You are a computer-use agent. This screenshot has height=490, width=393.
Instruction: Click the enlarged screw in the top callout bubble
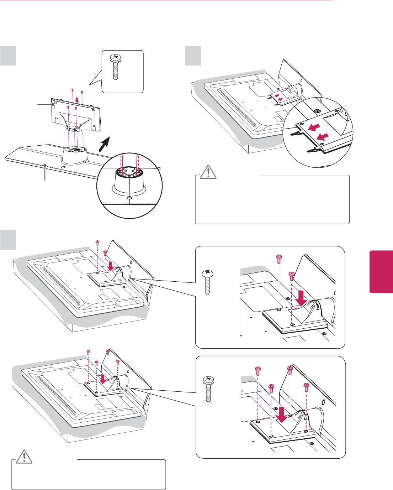tap(116, 67)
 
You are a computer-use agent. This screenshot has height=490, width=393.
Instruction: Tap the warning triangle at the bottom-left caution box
tap(23, 457)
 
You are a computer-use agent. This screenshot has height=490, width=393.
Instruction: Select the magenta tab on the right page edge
tap(381, 272)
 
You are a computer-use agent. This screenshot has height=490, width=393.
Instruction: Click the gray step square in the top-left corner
tap(8, 56)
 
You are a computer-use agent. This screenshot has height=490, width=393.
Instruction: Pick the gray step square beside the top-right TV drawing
tap(193, 56)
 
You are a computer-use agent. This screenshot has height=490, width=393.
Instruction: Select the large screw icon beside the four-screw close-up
tap(208, 389)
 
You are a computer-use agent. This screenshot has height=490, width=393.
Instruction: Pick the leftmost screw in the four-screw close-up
tap(258, 371)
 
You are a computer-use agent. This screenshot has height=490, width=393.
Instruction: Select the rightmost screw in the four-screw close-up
tap(307, 387)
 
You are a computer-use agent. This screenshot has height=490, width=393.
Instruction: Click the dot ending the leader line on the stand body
tap(53, 105)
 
